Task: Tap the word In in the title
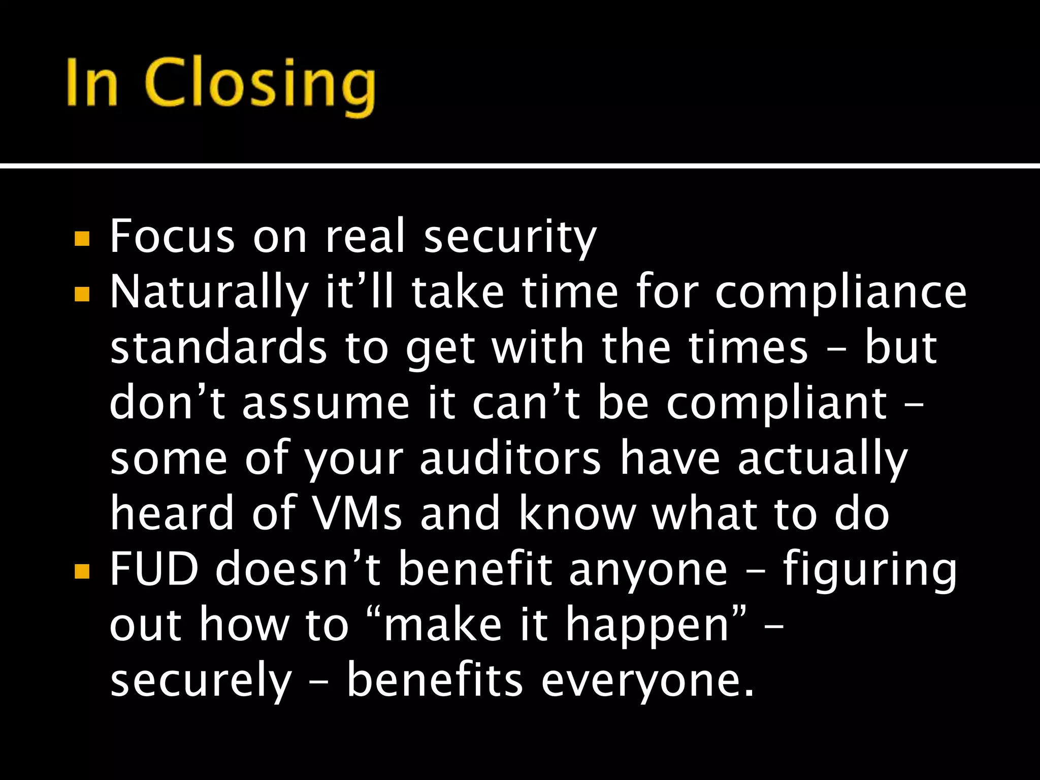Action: [92, 82]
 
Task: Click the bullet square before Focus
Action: [82, 239]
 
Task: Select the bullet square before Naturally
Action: [82, 295]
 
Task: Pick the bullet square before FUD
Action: [82, 572]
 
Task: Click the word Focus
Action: [173, 236]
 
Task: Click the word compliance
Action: [841, 293]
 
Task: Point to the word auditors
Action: [510, 459]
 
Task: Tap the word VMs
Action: [357, 514]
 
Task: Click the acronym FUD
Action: [154, 569]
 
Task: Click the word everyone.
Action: [647, 681]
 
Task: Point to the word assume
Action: [326, 404]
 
